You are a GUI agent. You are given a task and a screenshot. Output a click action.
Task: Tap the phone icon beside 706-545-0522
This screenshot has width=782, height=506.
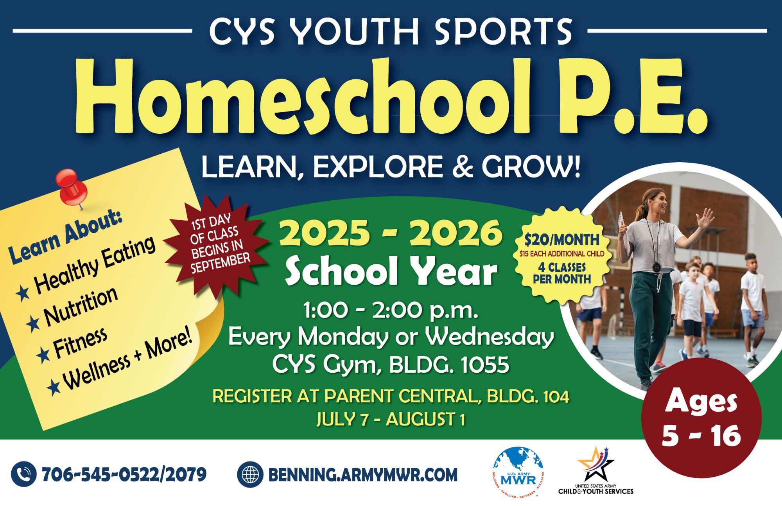click(24, 474)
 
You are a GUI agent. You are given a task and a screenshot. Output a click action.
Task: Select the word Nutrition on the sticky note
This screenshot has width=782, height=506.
click(81, 306)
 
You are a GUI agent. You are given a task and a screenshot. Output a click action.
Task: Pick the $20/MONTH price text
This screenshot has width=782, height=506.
click(561, 239)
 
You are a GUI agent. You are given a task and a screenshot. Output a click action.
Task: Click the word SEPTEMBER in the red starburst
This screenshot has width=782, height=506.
click(221, 263)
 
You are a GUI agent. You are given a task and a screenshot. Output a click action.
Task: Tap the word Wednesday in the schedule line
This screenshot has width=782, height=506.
click(490, 337)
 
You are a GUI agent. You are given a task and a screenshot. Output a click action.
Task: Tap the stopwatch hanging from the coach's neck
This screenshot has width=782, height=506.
click(656, 267)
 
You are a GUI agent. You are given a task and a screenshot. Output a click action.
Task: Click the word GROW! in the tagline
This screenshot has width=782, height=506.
click(531, 167)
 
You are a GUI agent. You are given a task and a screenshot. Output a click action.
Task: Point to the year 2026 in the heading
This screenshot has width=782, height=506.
click(456, 233)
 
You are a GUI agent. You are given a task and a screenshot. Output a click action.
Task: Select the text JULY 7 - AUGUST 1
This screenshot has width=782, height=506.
click(391, 420)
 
